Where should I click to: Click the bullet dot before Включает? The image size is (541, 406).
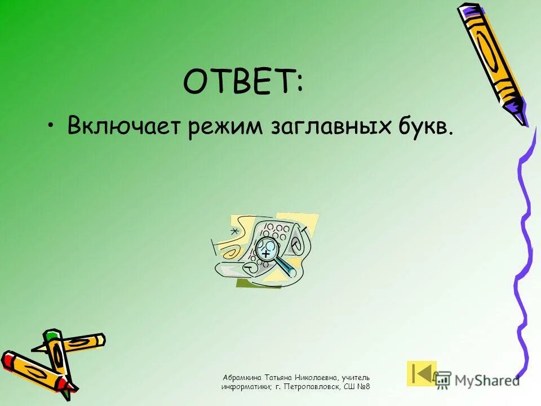pos(51,125)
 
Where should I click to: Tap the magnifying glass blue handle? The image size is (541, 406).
pos(286,266)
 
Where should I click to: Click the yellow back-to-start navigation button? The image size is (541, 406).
pos(422,373)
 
